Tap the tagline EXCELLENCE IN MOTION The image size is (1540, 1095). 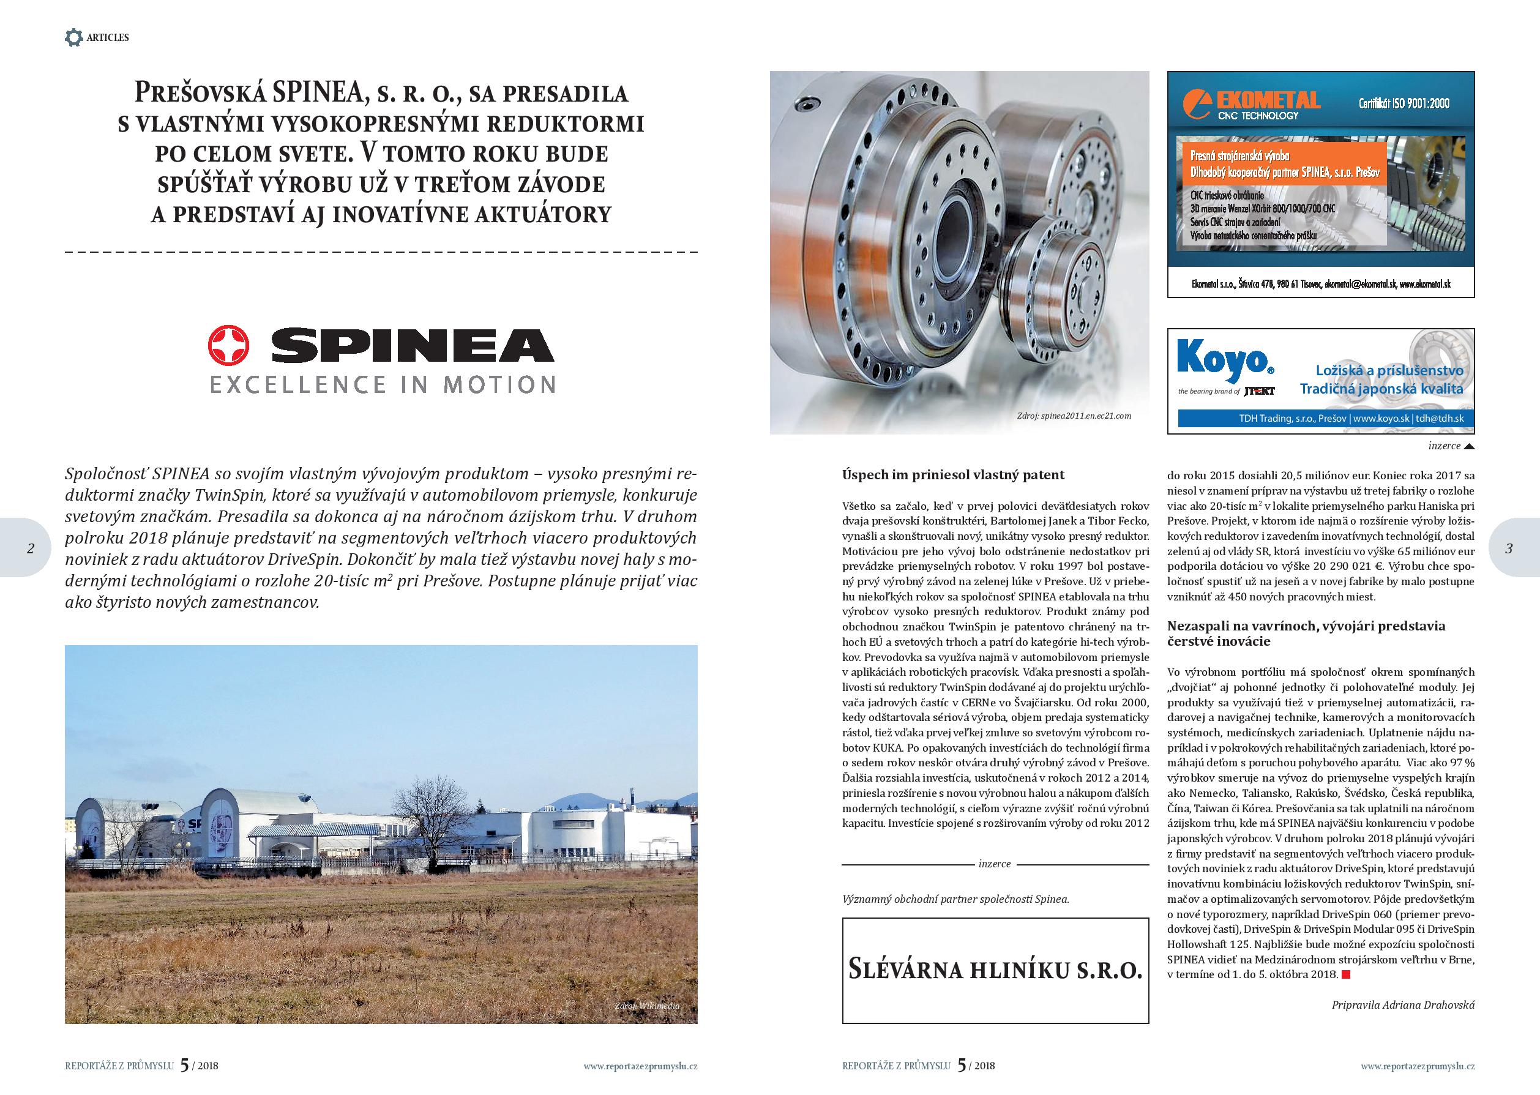[x=383, y=385]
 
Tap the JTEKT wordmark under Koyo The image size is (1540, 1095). [x=1258, y=391]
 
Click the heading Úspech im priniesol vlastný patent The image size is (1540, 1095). [x=954, y=475]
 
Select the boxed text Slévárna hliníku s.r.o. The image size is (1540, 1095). [x=995, y=971]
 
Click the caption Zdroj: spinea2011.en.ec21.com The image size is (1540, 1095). [x=1074, y=416]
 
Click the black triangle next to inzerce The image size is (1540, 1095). [x=1469, y=446]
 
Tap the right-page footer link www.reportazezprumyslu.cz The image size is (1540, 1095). [x=1418, y=1066]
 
